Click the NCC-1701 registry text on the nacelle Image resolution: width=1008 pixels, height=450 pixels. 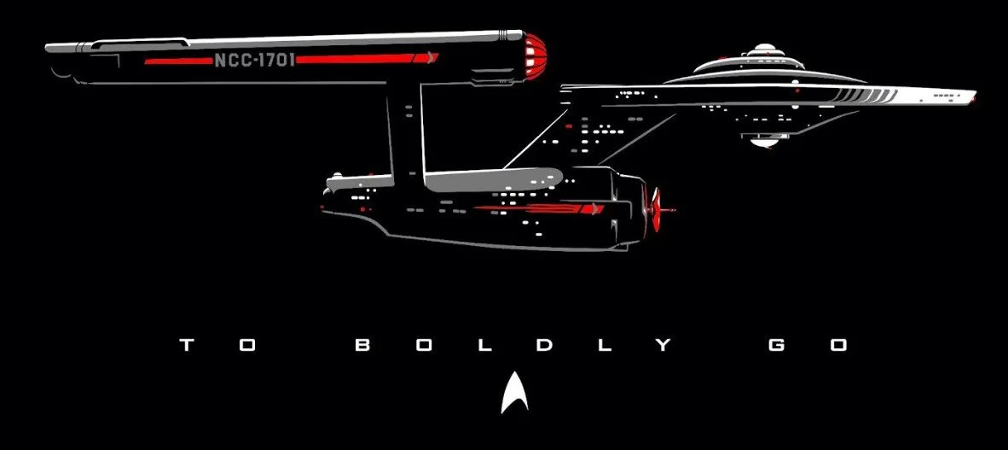(253, 61)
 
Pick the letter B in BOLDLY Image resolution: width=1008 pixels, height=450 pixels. (362, 346)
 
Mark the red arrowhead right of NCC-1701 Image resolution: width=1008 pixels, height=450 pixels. (432, 59)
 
